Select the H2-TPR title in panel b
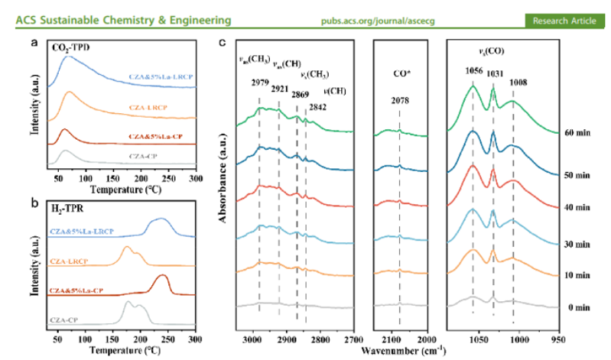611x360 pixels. pos(67,207)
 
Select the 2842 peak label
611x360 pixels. pos(318,107)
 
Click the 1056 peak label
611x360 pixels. pos(473,70)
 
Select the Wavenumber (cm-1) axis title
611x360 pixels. pos(403,349)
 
